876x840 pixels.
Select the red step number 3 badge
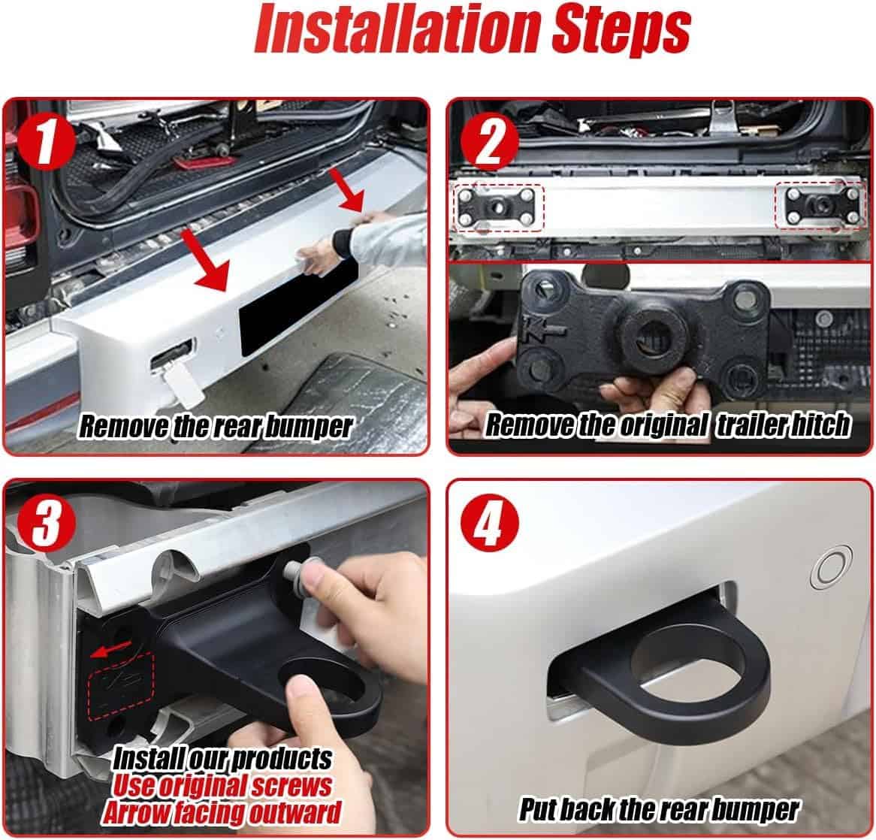[47, 524]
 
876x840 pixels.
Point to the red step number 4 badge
[489, 524]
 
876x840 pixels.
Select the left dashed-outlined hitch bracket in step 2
[498, 207]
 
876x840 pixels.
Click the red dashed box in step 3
[121, 686]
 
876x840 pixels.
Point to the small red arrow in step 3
[112, 648]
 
